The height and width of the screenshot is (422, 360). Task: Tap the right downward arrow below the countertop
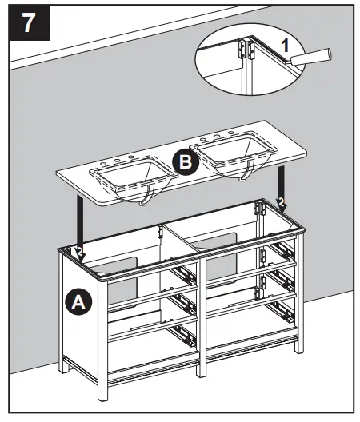click(x=280, y=182)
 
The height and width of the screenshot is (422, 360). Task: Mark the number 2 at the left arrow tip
click(x=80, y=253)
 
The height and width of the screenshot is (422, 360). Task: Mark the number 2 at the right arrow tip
click(x=280, y=203)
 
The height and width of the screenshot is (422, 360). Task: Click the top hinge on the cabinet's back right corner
click(x=259, y=210)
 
